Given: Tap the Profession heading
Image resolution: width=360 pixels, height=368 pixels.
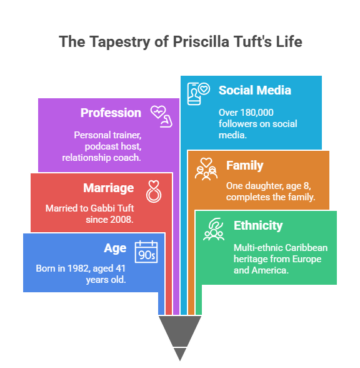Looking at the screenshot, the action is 111,113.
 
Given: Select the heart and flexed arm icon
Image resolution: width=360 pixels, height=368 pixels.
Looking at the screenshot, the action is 161,116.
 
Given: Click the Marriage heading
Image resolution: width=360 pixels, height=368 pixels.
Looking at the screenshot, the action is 109,188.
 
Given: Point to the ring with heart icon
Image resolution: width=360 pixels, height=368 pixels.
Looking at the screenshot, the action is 154,192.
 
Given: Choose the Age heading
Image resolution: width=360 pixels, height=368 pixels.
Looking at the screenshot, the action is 115,248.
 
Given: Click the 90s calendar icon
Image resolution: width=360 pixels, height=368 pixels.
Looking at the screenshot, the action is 146,252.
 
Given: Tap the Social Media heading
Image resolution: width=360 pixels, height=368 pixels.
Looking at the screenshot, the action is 255,90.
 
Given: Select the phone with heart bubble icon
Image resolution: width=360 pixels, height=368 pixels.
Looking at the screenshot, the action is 199,94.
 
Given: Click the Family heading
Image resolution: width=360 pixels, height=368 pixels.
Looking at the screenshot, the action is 245,165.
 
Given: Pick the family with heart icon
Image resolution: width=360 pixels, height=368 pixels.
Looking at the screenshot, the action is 206,169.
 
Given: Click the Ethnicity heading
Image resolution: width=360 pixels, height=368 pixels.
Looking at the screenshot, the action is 258,225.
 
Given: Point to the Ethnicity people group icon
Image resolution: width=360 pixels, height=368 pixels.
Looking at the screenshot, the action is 214,229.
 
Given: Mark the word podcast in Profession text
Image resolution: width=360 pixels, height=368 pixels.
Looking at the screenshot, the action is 99,146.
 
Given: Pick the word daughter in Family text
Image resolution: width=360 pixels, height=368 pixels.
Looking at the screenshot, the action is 263,186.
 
